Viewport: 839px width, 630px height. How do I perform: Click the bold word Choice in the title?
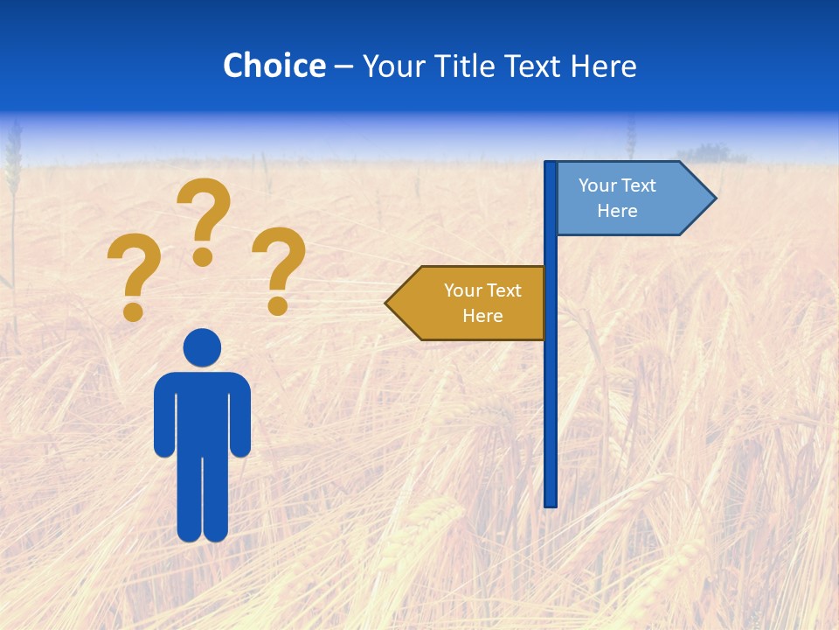tap(274, 66)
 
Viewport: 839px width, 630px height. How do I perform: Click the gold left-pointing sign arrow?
tap(468, 303)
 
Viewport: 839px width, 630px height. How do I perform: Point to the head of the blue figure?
tap(202, 347)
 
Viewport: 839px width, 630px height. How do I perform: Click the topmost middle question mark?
tap(204, 219)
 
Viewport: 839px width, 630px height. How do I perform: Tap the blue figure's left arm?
tap(163, 416)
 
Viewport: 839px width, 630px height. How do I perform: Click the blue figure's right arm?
tap(240, 416)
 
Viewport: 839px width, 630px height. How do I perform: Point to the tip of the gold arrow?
tap(388, 304)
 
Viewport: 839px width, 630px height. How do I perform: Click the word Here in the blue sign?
tap(617, 211)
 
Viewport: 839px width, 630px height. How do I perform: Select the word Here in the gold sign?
tap(482, 316)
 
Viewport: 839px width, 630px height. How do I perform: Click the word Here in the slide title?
tap(603, 66)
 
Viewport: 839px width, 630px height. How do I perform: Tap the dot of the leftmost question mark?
tap(133, 311)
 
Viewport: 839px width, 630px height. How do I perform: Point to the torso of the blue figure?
tap(202, 407)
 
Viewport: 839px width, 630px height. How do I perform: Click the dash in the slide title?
tap(343, 66)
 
